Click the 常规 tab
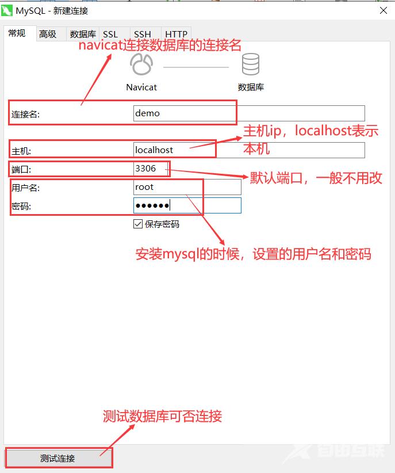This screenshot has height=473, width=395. (x=17, y=33)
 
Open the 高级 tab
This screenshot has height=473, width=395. (x=48, y=34)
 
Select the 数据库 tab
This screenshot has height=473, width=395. (x=83, y=34)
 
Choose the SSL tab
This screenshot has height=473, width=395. (x=110, y=34)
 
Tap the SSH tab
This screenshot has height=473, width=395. (x=143, y=34)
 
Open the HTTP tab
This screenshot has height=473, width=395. (x=176, y=34)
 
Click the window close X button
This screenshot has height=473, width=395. (x=384, y=10)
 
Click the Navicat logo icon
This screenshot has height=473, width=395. (x=141, y=64)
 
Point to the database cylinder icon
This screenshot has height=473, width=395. (x=251, y=64)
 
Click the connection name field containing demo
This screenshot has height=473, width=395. (x=249, y=113)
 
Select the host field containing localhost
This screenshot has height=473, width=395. (x=249, y=150)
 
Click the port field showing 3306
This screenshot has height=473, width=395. (x=151, y=169)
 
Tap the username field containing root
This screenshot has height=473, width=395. (x=187, y=187)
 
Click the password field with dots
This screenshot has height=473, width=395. (x=187, y=205)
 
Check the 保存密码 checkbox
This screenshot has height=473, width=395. (x=138, y=224)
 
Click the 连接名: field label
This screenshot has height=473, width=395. (x=25, y=114)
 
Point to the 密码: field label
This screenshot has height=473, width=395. (x=21, y=207)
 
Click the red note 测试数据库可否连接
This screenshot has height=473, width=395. (x=162, y=416)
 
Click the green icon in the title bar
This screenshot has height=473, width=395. (x=7, y=10)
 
